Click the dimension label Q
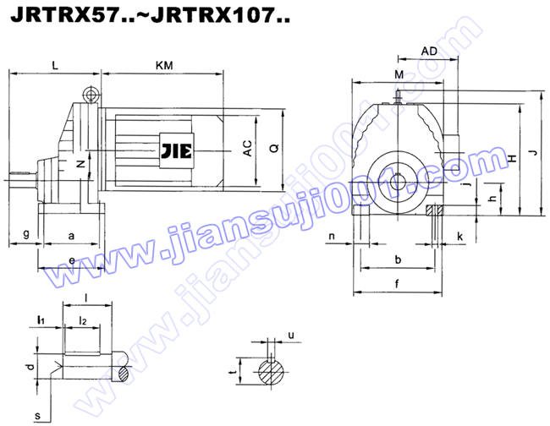272,148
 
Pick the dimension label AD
429,52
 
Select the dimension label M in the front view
399,75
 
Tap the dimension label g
26,232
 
